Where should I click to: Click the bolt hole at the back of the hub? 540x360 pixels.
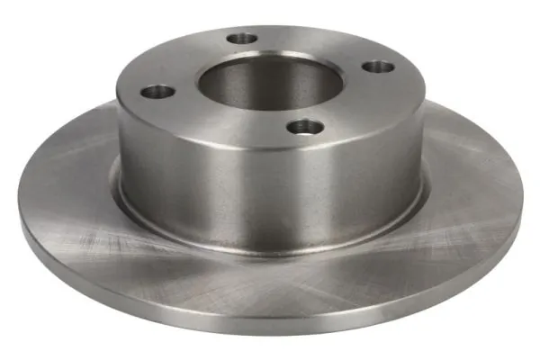point(242,39)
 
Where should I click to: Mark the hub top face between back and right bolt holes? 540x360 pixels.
point(319,45)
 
